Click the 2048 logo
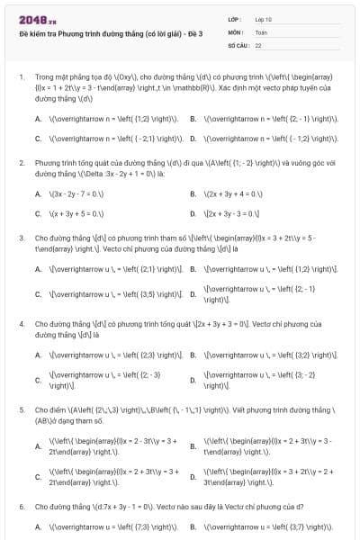tap(34, 18)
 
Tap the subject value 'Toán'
tap(261, 31)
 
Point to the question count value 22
tap(258, 43)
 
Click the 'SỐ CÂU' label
tap(238, 43)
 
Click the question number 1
tap(21, 77)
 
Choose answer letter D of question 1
tap(193, 139)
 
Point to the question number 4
tap(21, 321)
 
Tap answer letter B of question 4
tap(193, 354)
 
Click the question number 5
tap(21, 409)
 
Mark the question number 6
tap(21, 507)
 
